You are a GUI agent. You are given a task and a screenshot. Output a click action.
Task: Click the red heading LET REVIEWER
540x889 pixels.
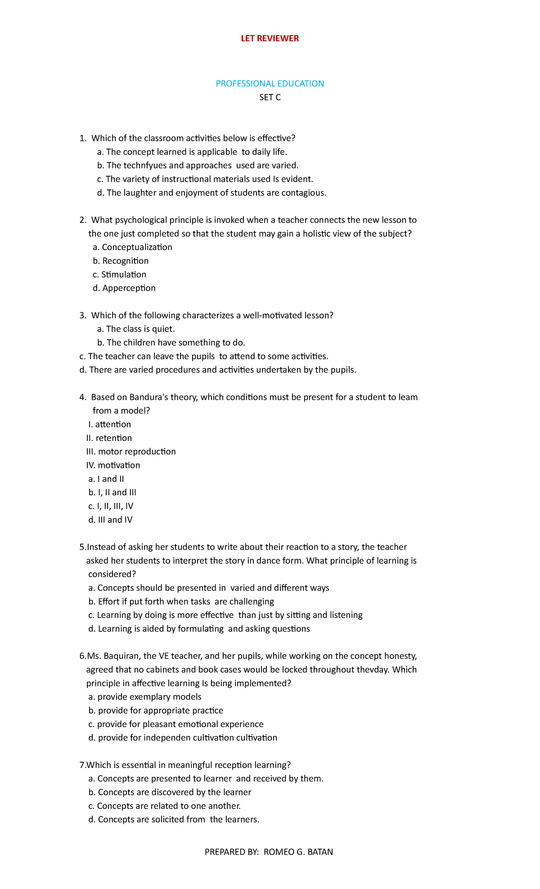tap(270, 38)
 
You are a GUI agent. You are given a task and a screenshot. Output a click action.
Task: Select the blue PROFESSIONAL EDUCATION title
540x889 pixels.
tap(270, 84)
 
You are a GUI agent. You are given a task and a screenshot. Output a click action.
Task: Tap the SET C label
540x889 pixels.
tap(270, 97)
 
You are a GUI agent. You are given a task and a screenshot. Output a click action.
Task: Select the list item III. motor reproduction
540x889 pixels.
tap(131, 452)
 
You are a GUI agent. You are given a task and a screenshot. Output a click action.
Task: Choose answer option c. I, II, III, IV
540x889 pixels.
tap(111, 506)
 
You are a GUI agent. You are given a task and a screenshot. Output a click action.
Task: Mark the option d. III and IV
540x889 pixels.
tap(110, 520)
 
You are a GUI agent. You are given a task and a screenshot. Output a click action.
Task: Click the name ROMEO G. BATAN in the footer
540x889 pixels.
tap(298, 852)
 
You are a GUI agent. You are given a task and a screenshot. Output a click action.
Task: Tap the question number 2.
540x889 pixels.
tap(82, 220)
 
